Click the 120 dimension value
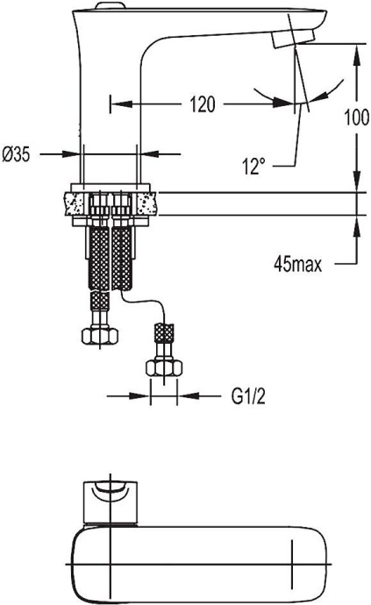pyautogui.click(x=202, y=105)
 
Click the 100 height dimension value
pyautogui.click(x=356, y=118)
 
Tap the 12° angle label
pyautogui.click(x=257, y=165)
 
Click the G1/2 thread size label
pyautogui.click(x=249, y=397)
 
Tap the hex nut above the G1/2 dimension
pyautogui.click(x=163, y=367)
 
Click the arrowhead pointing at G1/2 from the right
pyautogui.click(x=185, y=397)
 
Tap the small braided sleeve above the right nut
pyautogui.click(x=162, y=334)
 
